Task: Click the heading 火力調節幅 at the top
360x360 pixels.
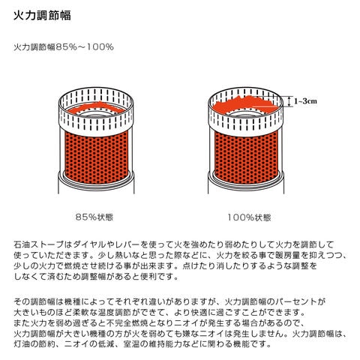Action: click(42, 16)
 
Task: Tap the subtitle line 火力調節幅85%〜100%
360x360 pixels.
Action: click(64, 47)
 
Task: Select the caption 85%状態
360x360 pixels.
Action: click(94, 217)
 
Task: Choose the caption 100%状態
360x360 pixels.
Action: click(250, 217)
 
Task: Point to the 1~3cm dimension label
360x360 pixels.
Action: click(305, 101)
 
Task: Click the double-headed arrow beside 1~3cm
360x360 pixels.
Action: click(289, 102)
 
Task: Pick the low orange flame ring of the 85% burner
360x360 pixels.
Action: click(96, 108)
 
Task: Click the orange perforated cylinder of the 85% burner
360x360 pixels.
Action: click(97, 157)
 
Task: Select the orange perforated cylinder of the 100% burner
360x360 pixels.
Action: click(246, 155)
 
